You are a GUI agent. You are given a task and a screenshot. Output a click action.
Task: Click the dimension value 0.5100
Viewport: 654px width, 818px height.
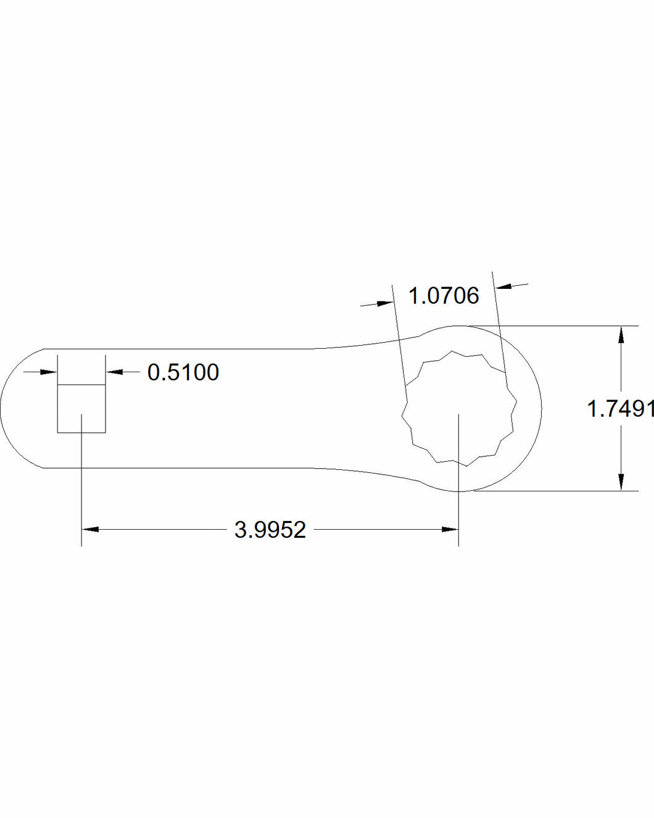(x=183, y=372)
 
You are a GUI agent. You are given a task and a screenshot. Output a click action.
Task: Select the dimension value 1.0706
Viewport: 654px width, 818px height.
(x=444, y=296)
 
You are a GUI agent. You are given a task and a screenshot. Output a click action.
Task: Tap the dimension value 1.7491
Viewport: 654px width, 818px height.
(x=619, y=409)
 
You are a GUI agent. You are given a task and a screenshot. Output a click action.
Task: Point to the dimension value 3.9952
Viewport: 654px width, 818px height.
(x=270, y=530)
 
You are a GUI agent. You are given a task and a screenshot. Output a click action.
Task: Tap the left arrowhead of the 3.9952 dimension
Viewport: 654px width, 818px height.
(x=90, y=529)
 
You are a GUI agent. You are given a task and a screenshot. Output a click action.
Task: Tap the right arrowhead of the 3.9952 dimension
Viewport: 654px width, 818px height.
(x=450, y=529)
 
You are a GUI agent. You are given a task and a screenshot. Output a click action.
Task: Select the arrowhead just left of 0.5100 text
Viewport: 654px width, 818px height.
(x=115, y=372)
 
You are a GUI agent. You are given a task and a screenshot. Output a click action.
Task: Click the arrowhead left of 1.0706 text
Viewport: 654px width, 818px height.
(x=385, y=303)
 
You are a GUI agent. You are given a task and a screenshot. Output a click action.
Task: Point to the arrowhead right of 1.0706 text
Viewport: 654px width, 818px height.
(x=503, y=286)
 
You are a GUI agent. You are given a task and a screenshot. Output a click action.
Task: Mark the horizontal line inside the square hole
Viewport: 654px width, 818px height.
(x=81, y=385)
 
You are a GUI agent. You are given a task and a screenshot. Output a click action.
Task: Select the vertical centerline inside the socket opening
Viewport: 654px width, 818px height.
(x=458, y=444)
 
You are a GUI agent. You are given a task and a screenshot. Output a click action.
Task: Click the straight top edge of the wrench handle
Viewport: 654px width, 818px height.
(x=185, y=349)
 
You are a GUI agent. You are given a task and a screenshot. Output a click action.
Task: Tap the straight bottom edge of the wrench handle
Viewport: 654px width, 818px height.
(x=185, y=468)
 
